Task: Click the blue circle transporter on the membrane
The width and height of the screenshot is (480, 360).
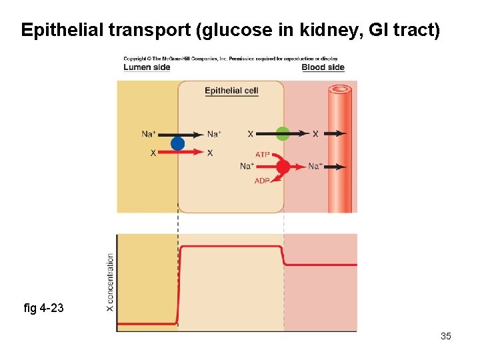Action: tap(177, 143)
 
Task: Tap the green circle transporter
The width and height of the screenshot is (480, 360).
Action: tap(283, 133)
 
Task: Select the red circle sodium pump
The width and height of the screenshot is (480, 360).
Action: tap(283, 167)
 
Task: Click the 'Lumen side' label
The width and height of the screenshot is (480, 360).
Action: tap(147, 67)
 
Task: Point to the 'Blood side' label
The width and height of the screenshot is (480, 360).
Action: tap(323, 67)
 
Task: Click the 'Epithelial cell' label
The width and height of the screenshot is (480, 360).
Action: tap(231, 91)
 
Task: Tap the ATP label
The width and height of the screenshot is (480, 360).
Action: tap(262, 155)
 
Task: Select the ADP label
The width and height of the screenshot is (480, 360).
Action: tap(262, 181)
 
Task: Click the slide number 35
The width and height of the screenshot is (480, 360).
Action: tap(446, 336)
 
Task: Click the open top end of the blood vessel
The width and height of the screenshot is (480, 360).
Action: tap(340, 89)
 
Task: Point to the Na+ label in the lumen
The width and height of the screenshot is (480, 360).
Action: tap(149, 134)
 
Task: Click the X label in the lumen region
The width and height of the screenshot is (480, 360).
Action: tap(153, 153)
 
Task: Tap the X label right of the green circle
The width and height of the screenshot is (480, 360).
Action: tap(315, 134)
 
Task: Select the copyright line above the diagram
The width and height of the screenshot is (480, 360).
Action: tap(231, 59)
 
